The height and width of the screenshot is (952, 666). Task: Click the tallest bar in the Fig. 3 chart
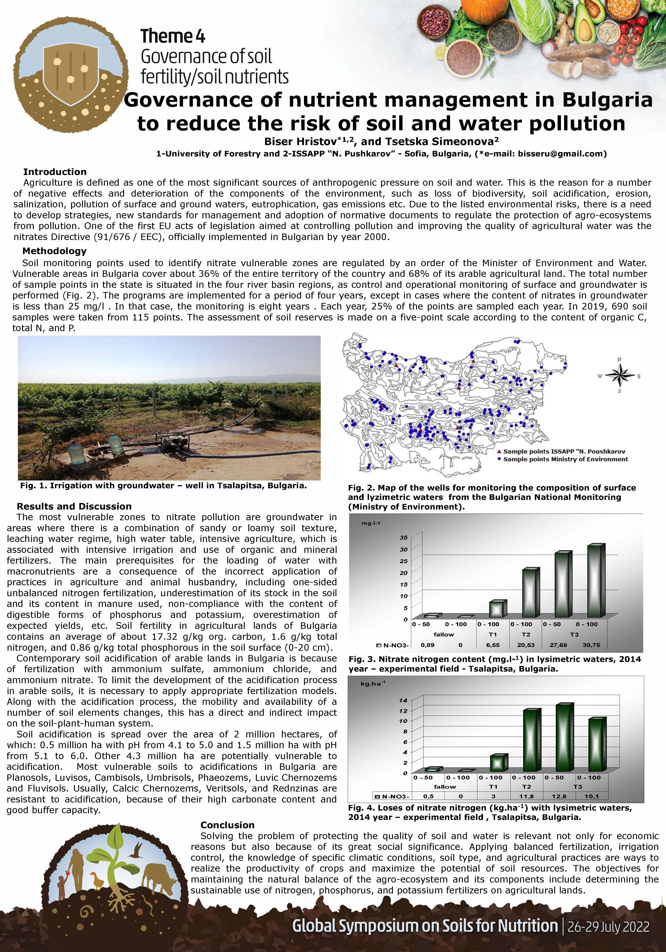pos(596,581)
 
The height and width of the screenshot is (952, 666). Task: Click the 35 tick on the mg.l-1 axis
pos(403,538)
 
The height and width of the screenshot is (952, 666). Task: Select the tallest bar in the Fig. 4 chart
pos(564,738)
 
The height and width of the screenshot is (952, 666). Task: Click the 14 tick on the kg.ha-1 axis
pos(403,701)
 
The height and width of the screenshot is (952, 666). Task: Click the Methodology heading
pos(54,251)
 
